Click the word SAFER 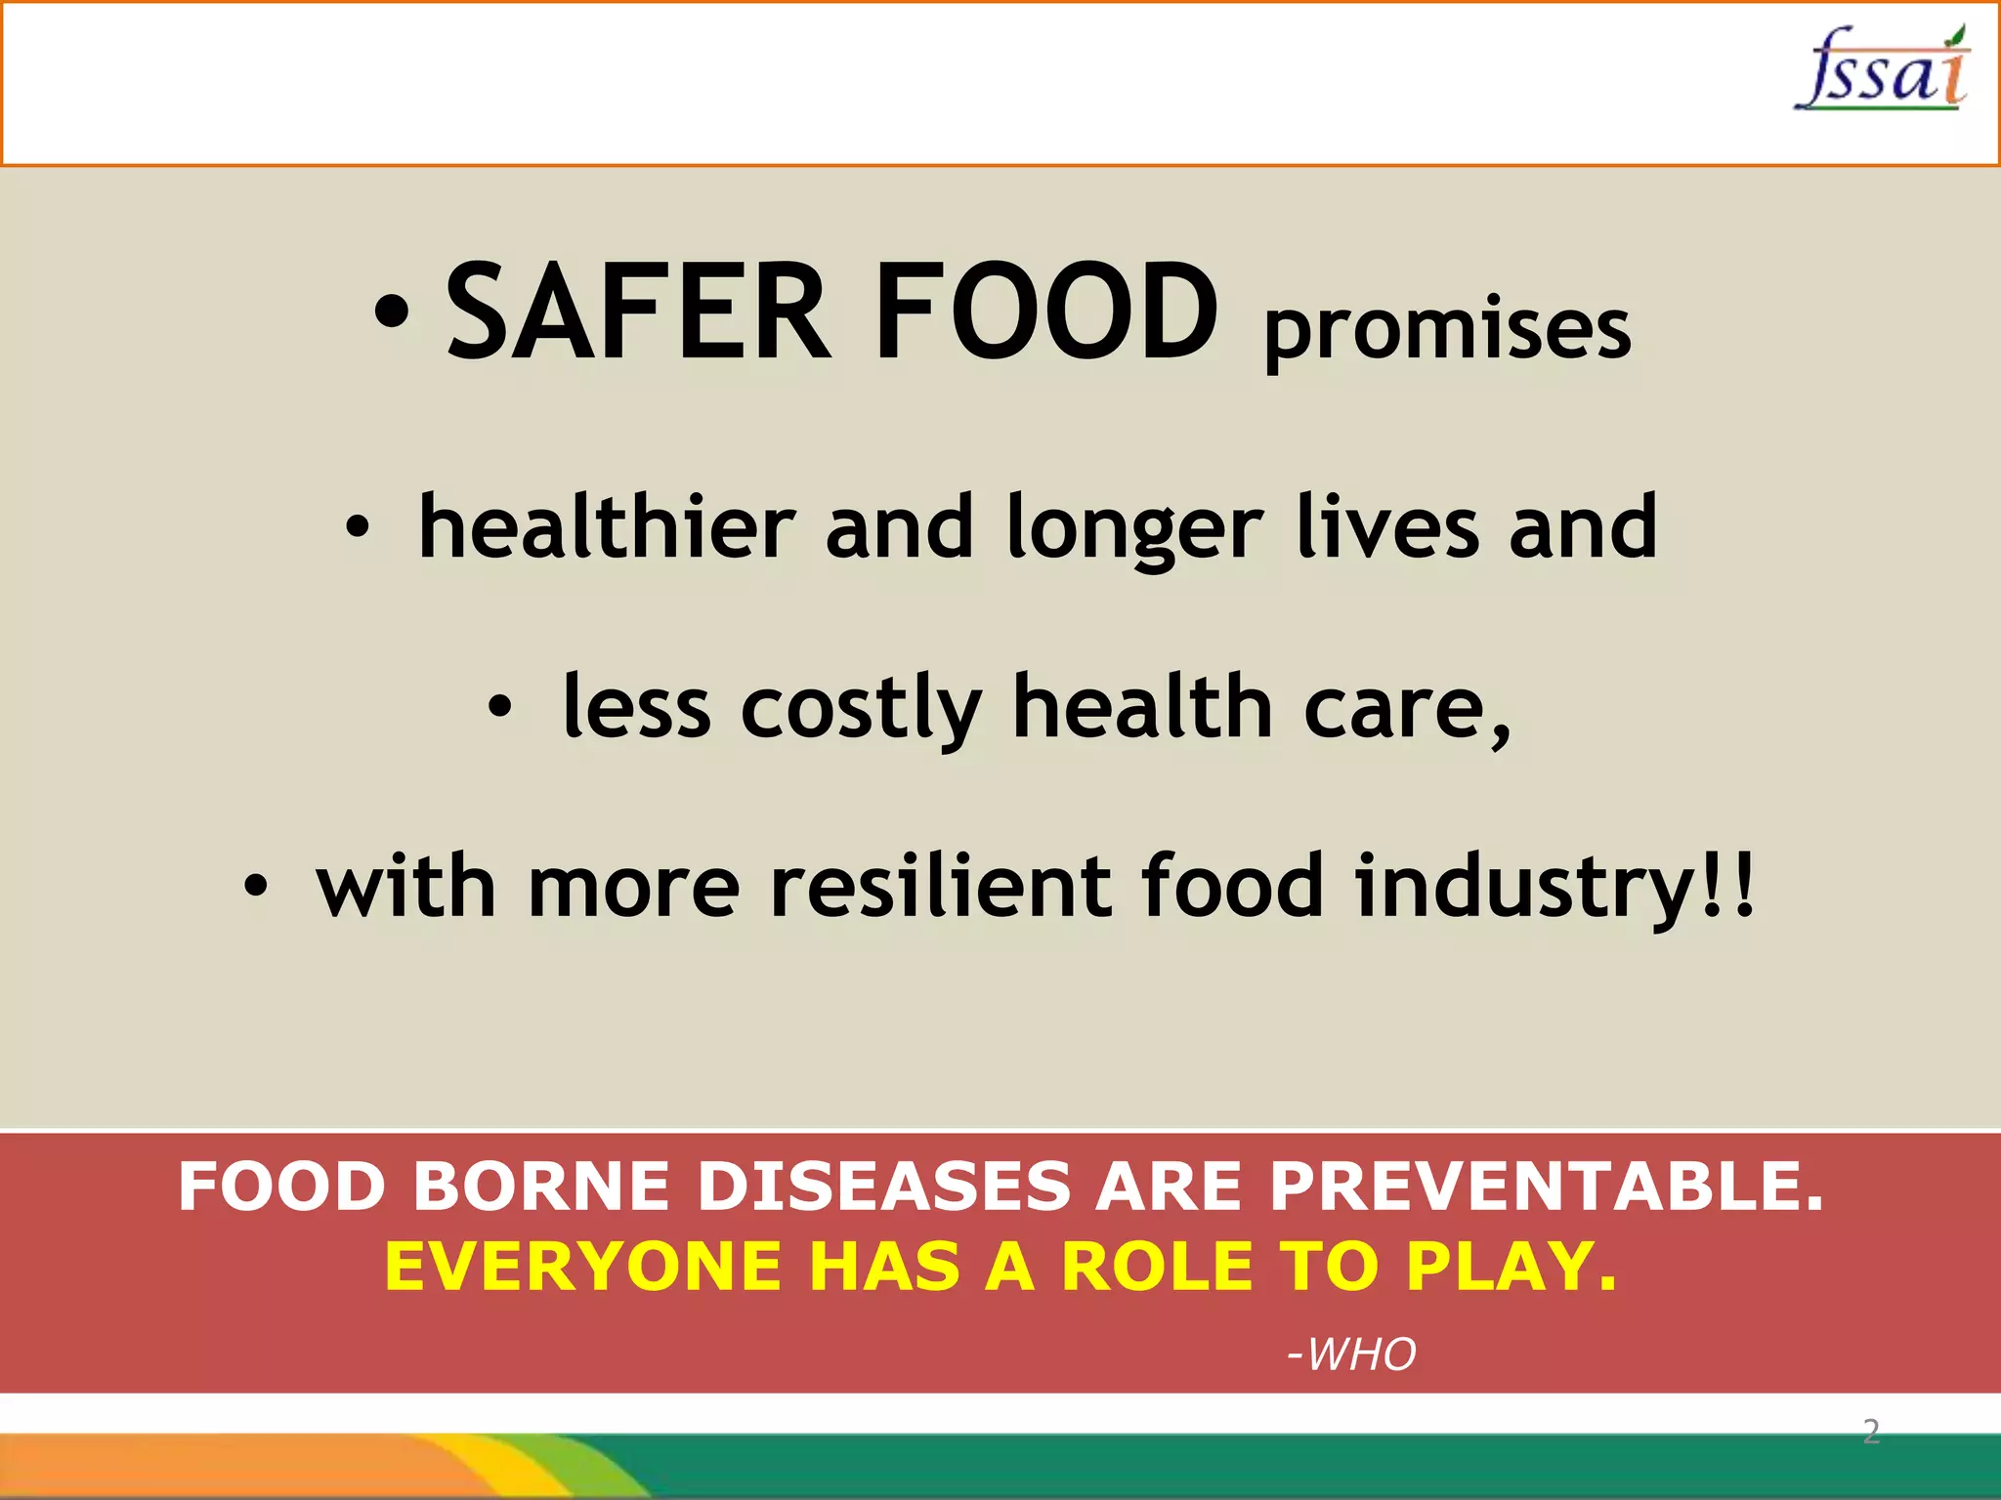point(638,312)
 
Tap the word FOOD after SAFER point(1045,312)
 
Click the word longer point(1134,530)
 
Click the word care point(1407,709)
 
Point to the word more point(634,888)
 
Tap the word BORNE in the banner point(541,1187)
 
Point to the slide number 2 point(1871,1432)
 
